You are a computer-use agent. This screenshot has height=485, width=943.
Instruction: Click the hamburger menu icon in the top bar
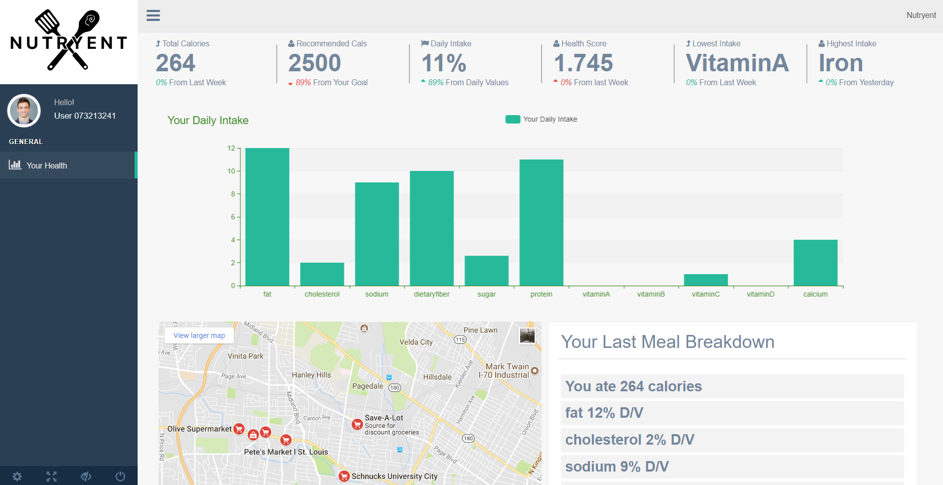(153, 15)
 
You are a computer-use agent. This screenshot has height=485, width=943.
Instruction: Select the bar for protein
(541, 222)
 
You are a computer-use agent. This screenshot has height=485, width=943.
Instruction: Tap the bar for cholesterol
(322, 274)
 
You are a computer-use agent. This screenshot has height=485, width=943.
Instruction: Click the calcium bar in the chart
(815, 263)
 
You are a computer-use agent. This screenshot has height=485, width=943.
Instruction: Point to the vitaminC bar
(706, 280)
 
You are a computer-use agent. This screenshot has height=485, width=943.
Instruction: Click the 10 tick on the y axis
(231, 171)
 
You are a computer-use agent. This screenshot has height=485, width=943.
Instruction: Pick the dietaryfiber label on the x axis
(431, 294)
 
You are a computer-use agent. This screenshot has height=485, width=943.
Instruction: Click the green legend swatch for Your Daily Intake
(513, 119)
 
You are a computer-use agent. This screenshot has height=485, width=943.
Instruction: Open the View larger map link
(199, 335)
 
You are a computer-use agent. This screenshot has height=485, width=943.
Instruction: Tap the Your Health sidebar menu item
(47, 165)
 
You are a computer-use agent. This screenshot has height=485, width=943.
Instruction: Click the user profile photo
(24, 110)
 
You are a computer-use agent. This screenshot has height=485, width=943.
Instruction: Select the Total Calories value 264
(176, 63)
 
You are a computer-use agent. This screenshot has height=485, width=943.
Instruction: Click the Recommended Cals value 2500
(315, 63)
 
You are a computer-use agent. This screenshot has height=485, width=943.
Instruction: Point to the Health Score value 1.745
(583, 63)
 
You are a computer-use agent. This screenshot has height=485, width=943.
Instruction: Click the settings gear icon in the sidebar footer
(17, 477)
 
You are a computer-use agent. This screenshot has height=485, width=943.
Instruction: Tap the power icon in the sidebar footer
(120, 477)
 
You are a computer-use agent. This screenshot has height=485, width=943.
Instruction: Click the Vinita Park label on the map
(245, 356)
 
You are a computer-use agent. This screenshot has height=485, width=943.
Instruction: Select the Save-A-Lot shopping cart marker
(357, 424)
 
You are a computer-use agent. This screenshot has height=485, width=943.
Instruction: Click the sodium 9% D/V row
(732, 467)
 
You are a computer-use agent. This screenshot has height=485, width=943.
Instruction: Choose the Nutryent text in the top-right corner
(921, 15)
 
